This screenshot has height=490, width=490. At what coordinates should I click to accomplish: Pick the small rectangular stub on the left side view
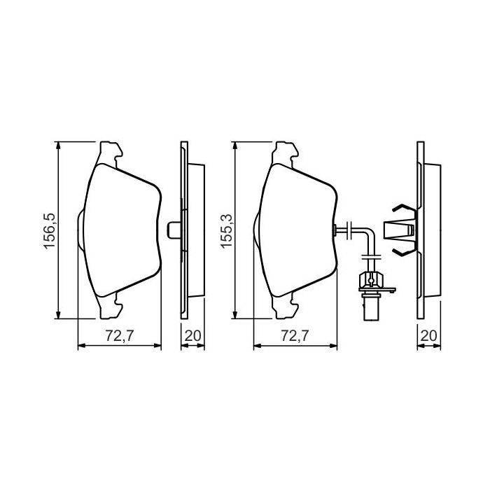(175, 229)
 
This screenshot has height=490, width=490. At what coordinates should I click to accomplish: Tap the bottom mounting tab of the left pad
(115, 304)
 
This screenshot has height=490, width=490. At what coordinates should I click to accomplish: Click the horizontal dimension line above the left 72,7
(118, 345)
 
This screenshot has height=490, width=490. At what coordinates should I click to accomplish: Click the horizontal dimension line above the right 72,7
(295, 345)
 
